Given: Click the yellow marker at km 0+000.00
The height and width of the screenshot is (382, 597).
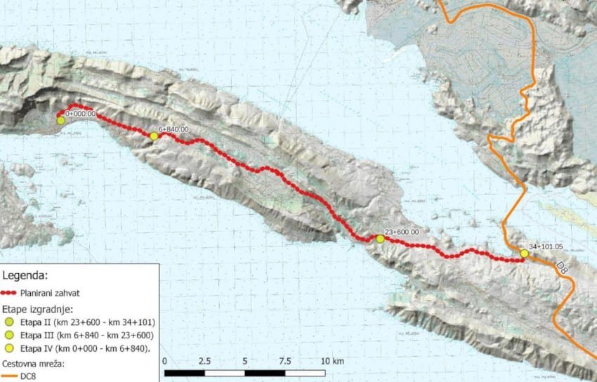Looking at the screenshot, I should coord(61,121).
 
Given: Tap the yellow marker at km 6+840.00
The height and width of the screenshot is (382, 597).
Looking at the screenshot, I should coord(154,136).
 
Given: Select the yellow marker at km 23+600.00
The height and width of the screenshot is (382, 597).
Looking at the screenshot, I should coord(380,239).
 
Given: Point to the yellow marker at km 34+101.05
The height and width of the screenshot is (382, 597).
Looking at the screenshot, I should coord(524,253).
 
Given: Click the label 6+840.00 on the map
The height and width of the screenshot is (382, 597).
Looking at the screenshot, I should coord(174,130).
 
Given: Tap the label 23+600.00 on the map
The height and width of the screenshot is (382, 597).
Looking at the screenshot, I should coord(402,232).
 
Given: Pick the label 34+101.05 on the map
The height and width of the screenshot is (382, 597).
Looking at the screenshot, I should coord(547,247).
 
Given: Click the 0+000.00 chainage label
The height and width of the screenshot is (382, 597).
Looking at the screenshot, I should coord(81,114).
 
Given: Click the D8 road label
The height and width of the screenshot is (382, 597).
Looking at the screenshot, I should coord(562,268).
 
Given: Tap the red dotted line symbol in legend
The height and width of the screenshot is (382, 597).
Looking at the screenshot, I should coord(11,294).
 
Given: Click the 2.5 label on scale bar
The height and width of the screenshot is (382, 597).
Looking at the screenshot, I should coord(204,360).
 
